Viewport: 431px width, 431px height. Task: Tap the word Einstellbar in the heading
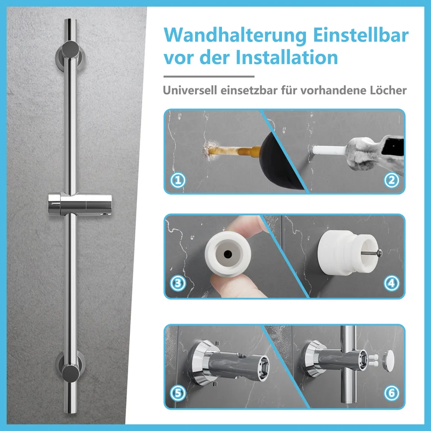pos(361,35)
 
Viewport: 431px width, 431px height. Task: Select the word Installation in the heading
pos(287,58)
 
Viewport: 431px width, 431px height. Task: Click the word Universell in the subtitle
pos(190,90)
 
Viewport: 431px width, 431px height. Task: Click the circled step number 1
pos(178,180)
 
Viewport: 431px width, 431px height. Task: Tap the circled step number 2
pos(392,180)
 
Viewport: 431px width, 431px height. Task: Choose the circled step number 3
pos(178,283)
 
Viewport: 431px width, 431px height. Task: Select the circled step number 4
pos(392,283)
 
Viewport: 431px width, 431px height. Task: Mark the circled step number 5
pos(178,393)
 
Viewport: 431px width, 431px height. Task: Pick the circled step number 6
pos(392,393)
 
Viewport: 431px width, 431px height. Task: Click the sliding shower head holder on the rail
pos(80,204)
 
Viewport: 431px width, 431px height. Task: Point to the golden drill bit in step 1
pos(234,151)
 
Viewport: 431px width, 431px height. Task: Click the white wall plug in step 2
pos(329,150)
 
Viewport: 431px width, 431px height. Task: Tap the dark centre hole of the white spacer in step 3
pos(227,254)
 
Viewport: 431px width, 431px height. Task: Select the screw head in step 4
pos(380,252)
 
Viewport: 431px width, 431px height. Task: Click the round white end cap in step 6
pos(388,360)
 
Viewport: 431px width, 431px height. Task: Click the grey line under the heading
pos(209,77)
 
